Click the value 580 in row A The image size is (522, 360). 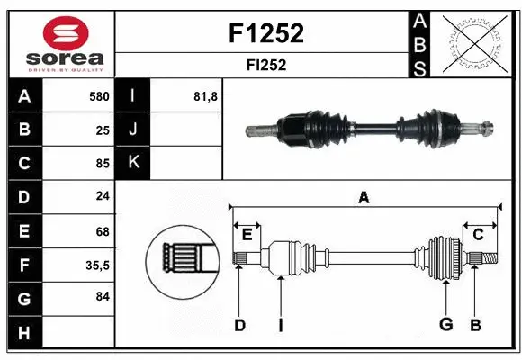(99, 96)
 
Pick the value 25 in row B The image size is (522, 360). (103, 130)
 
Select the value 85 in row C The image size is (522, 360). (103, 164)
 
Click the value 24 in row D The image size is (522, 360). (103, 197)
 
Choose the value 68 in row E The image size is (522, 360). (103, 230)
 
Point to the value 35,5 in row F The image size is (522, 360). (98, 265)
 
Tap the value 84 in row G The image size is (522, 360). (103, 295)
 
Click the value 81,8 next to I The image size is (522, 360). (206, 96)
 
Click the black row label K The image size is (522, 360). (133, 164)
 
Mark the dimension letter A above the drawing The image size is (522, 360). (364, 197)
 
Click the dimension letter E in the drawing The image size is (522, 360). (247, 234)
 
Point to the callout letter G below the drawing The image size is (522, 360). (445, 325)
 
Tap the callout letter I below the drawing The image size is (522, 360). (280, 325)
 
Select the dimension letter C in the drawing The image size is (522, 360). (478, 234)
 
